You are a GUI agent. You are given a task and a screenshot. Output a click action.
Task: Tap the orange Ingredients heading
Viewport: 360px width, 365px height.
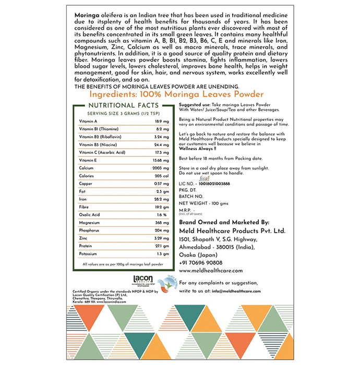176,94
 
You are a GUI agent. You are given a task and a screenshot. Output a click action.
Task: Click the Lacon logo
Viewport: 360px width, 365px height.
142,279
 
